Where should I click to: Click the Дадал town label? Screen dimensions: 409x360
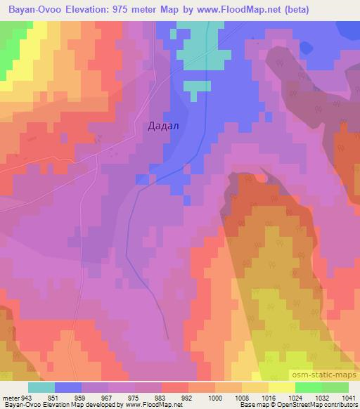pyautogui.click(x=163, y=126)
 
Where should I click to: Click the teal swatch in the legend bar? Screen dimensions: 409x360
pyautogui.click(x=41, y=387)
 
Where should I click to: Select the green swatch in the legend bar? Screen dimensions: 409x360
pyautogui.click(x=335, y=387)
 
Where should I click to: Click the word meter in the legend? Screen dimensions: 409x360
pyautogui.click(x=10, y=397)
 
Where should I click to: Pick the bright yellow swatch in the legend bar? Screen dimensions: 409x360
pyautogui.click(x=282, y=387)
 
